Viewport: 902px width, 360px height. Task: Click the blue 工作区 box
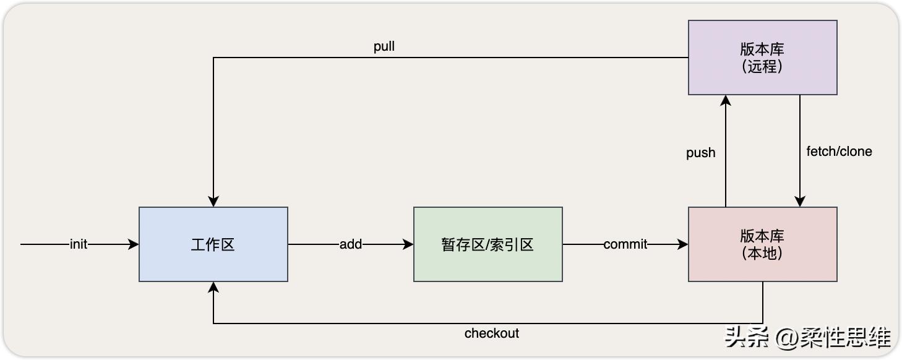[x=213, y=244]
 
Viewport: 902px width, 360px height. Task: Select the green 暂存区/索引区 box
[x=488, y=244]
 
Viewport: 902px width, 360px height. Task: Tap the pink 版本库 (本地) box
[x=762, y=244]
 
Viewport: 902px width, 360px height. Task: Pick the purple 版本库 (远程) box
[x=762, y=58]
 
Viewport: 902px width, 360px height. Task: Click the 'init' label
[x=79, y=244]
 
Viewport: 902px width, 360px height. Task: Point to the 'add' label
[x=351, y=244]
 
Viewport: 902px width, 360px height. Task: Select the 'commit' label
[x=625, y=244]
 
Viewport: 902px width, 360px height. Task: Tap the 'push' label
[x=700, y=153]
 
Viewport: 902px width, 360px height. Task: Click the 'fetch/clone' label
[x=839, y=152]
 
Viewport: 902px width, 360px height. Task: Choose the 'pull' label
[x=384, y=47]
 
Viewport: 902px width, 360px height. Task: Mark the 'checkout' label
[x=492, y=333]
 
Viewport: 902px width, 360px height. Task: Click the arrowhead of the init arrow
[x=134, y=244]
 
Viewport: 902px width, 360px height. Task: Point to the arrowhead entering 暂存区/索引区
[x=408, y=244]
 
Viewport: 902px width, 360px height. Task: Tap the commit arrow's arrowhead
[x=683, y=244]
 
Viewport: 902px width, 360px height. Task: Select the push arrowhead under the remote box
[x=726, y=101]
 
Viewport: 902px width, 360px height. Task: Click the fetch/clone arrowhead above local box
[x=800, y=201]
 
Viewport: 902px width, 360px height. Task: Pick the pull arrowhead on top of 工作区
[x=213, y=201]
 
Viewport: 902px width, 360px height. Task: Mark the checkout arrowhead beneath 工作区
[x=213, y=288]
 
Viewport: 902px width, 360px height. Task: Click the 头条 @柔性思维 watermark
[x=808, y=337]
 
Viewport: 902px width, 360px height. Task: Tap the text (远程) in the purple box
[x=762, y=66]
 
